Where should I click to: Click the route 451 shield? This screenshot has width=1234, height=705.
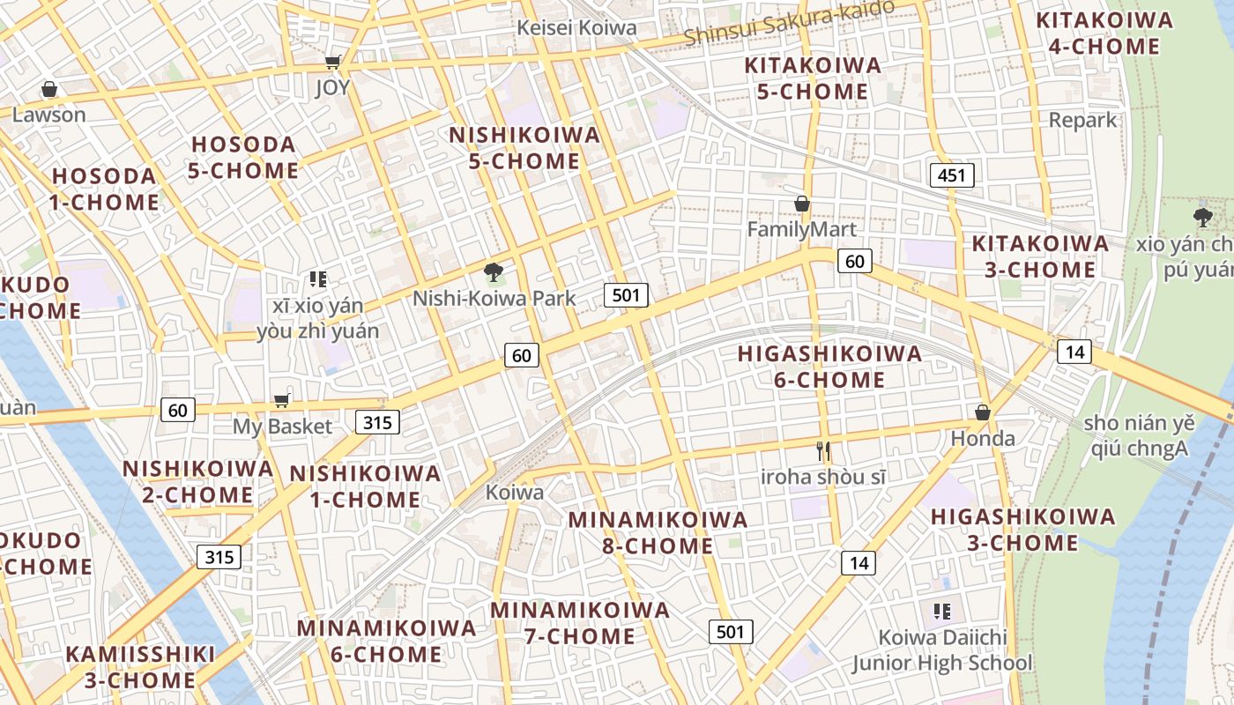tap(952, 175)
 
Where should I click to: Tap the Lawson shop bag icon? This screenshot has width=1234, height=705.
tap(49, 89)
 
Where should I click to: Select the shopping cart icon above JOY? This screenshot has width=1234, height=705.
tap(332, 62)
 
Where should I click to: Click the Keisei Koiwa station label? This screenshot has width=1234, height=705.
tap(576, 27)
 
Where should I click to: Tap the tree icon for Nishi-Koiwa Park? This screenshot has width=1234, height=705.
tap(494, 272)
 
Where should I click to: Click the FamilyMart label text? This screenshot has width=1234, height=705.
tap(801, 230)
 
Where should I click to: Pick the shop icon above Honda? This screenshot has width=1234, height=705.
tap(983, 412)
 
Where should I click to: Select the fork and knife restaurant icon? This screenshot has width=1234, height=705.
tap(823, 451)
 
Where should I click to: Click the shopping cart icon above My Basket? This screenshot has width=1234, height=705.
tap(281, 401)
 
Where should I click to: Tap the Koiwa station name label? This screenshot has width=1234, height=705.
tap(515, 493)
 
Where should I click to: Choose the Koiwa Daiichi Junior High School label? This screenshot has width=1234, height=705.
tap(941, 650)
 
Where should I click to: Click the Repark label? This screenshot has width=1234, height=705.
tap(1082, 120)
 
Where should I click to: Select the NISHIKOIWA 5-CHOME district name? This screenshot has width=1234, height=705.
tap(524, 148)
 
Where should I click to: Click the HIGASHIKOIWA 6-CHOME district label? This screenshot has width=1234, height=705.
tap(829, 367)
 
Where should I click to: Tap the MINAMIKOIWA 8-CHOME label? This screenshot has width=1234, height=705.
tap(658, 532)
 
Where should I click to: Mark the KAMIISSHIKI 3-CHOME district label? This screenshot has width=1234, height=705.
tap(140, 667)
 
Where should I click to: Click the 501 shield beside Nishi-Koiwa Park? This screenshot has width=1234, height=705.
tap(626, 295)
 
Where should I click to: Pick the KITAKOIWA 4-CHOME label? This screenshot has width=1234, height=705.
tap(1104, 33)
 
